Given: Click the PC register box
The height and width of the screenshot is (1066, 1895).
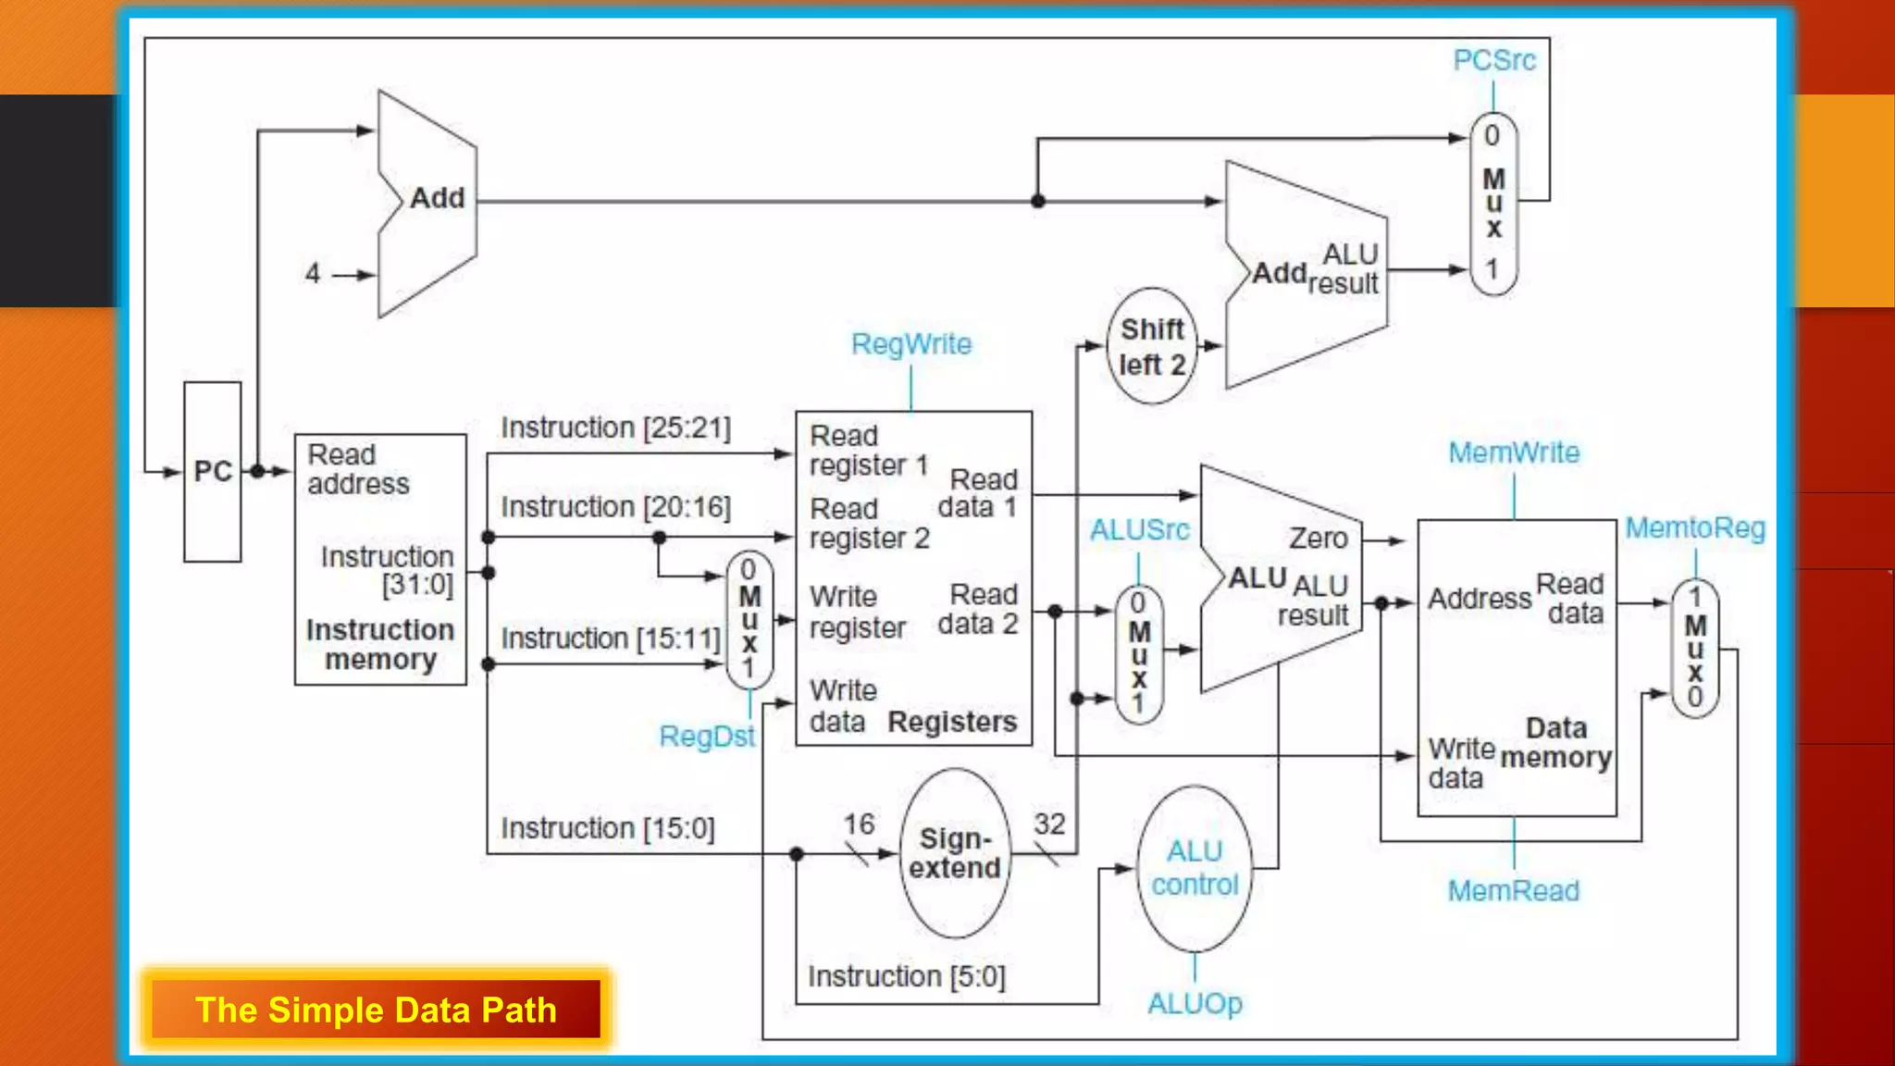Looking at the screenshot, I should [212, 471].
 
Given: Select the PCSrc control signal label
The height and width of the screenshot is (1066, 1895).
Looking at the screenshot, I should [1493, 61].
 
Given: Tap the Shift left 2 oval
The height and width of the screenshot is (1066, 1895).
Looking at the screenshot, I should [1151, 346].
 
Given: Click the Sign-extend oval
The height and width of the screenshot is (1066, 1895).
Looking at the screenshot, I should [954, 853].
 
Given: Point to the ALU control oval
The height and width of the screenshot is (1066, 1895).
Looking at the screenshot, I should [1194, 868].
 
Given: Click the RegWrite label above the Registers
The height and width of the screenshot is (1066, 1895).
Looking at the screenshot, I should [910, 344].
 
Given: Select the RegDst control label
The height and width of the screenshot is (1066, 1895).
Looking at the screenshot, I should [706, 737].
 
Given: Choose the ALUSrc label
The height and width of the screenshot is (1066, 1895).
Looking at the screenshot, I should [1138, 530].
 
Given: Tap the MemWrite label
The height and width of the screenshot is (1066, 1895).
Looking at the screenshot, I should [1513, 453].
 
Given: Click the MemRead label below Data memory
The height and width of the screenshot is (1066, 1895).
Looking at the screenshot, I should [1513, 891].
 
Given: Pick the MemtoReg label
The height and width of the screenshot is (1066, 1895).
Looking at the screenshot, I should [1694, 528].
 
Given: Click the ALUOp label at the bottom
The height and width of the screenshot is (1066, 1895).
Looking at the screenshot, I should [1194, 1003].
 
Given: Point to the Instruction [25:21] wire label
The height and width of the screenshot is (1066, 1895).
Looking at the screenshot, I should [615, 428].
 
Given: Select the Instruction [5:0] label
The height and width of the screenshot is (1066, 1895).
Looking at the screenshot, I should [906, 976].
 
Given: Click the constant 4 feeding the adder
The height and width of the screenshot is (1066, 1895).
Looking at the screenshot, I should [313, 274].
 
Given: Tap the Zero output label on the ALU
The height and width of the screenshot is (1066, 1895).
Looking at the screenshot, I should [1318, 539].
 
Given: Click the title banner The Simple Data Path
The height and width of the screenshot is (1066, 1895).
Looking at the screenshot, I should [376, 1010].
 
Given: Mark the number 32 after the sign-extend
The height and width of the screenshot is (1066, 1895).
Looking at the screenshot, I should [1049, 824].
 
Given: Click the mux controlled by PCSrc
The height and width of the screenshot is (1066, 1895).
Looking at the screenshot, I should [1493, 204].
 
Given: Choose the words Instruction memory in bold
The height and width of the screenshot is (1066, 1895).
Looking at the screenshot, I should [380, 644].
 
